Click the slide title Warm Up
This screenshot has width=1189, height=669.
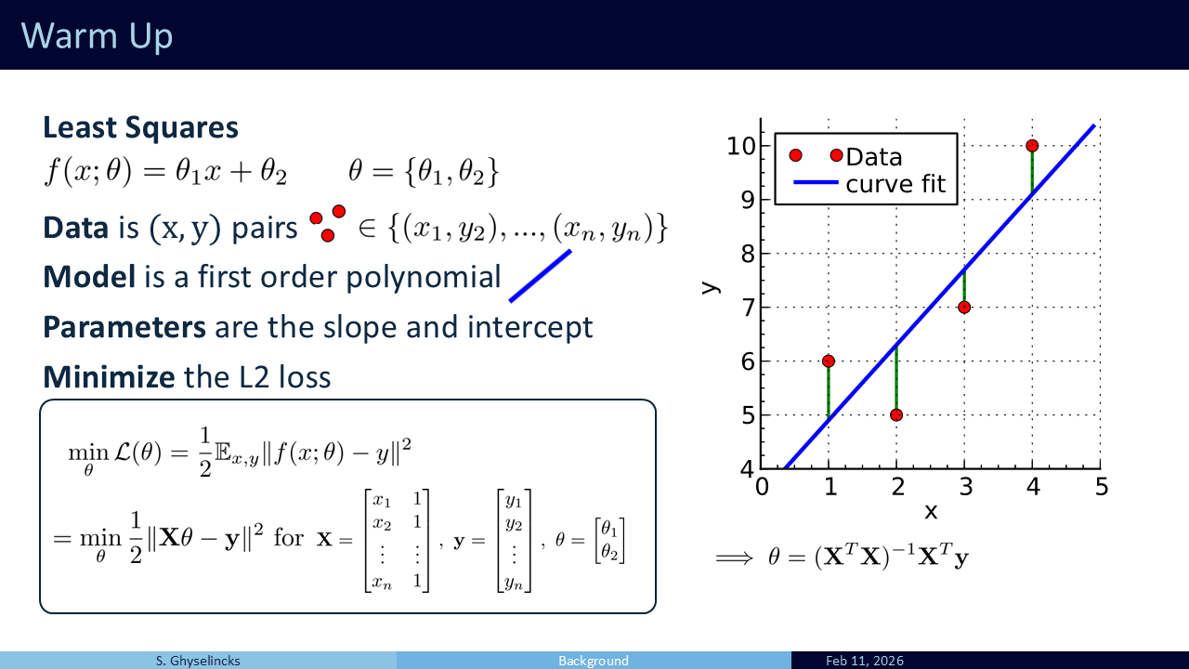point(98,36)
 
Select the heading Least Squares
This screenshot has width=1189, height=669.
point(140,127)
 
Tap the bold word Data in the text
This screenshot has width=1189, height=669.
point(76,228)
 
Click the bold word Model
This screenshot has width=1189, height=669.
point(89,277)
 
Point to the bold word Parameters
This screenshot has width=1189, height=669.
point(124,327)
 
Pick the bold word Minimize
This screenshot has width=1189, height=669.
point(109,377)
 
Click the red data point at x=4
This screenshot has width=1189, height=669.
point(1032,146)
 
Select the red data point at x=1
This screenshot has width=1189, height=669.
point(828,361)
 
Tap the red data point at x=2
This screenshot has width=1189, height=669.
point(896,415)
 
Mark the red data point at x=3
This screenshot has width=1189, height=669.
point(964,308)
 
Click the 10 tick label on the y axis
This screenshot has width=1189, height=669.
point(741,146)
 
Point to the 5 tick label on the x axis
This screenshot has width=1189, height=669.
point(1102,487)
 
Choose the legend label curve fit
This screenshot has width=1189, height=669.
point(895,184)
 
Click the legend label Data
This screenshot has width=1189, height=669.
point(874,157)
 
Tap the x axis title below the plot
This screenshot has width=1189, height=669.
point(931,512)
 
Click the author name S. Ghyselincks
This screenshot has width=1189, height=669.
point(198,661)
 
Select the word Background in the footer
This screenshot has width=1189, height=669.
point(594,661)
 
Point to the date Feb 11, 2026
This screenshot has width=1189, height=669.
point(865,661)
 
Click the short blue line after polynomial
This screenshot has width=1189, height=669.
point(541,276)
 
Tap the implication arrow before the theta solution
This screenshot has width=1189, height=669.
point(734,558)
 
